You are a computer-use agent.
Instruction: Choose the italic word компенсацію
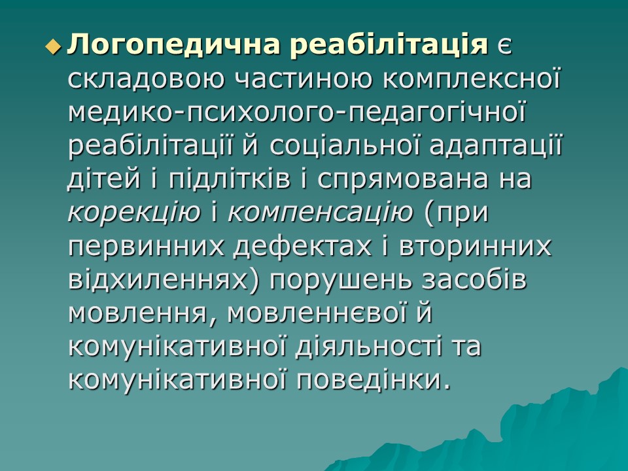pyautogui.click(x=321, y=213)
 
